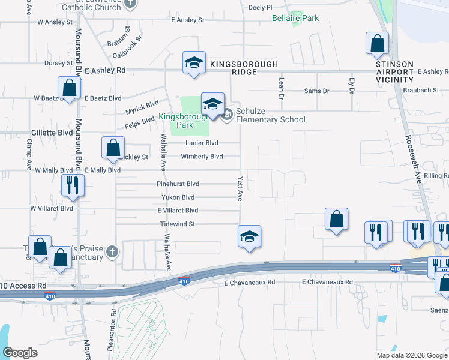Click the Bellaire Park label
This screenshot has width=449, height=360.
click(x=295, y=19)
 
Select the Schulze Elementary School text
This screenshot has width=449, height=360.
click(x=270, y=115)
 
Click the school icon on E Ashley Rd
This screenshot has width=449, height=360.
click(x=194, y=64)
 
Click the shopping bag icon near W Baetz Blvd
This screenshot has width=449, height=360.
click(x=70, y=88)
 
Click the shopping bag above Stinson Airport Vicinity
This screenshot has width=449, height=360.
click(x=377, y=43)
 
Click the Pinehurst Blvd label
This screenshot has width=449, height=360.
click(x=178, y=184)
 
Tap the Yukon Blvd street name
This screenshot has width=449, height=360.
click(x=178, y=197)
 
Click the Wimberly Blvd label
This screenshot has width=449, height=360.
click(x=202, y=157)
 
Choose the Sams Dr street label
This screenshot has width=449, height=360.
click(x=317, y=91)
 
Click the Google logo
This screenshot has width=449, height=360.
click(x=20, y=353)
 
